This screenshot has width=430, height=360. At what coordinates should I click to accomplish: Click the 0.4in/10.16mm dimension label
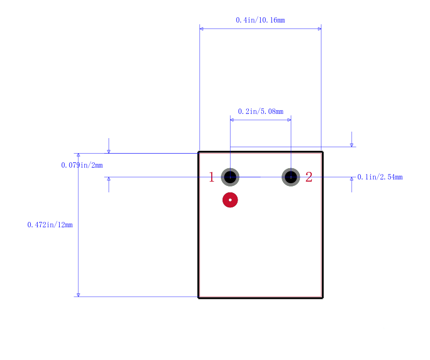[x=260, y=20]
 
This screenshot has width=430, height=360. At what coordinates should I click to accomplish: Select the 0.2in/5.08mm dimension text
[x=261, y=111]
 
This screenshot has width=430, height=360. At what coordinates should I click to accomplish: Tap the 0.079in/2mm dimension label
[x=82, y=165]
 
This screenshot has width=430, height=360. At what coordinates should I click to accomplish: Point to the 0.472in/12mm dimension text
[x=50, y=225]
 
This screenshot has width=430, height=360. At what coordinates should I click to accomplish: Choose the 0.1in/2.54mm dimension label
[x=380, y=177]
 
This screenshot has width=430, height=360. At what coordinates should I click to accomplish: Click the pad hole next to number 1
[x=230, y=177]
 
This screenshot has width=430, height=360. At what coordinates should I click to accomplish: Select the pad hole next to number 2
[x=291, y=177]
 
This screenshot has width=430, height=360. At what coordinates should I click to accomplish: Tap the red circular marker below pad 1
[x=230, y=200]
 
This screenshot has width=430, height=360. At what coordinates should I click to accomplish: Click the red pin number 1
[x=211, y=177]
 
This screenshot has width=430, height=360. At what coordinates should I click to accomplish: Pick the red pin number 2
[x=309, y=177]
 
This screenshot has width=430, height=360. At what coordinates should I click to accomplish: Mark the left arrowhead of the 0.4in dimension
[x=201, y=28]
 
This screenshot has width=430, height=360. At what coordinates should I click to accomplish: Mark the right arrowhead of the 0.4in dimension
[x=319, y=28]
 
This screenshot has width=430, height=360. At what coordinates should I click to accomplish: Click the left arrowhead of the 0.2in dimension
[x=232, y=120]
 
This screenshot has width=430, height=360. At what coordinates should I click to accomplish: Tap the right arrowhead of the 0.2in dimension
[x=289, y=120]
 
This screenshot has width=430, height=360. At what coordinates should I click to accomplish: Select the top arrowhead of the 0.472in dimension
[x=78, y=155]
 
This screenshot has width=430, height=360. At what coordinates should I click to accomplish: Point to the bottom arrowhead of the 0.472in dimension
[x=78, y=295]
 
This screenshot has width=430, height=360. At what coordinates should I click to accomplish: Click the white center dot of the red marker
[x=230, y=200]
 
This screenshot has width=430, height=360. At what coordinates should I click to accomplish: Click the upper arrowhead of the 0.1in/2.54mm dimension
[x=352, y=145]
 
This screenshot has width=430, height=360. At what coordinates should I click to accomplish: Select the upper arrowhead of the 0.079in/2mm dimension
[x=109, y=152]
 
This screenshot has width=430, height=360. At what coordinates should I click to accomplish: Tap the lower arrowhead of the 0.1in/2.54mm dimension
[x=352, y=179]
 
